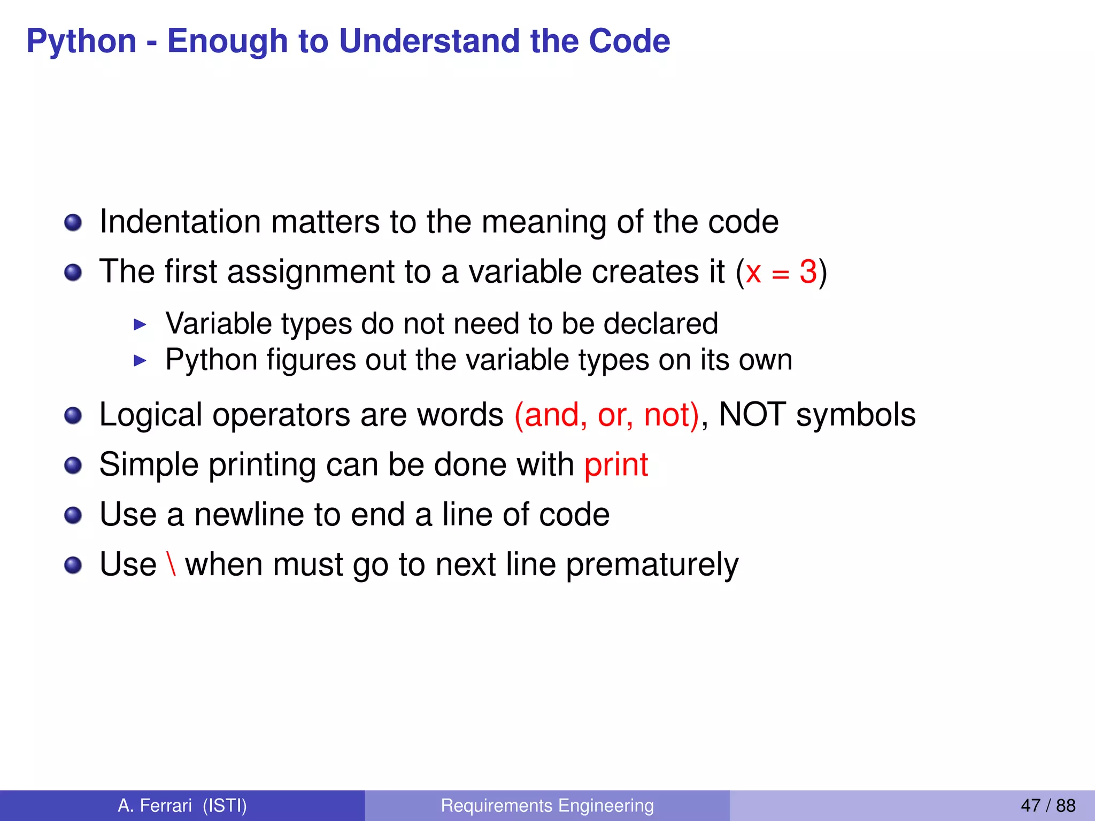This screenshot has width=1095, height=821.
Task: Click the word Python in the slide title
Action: pos(81,42)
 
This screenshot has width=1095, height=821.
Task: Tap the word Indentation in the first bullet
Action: pos(180,222)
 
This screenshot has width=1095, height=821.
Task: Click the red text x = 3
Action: pos(781,272)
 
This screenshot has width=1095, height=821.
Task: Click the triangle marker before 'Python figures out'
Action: pos(140,360)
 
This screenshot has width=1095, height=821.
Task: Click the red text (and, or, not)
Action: pos(606,415)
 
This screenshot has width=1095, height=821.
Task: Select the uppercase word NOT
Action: pos(752,415)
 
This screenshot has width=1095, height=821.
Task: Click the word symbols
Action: pos(855,416)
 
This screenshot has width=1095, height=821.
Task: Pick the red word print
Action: pos(616,465)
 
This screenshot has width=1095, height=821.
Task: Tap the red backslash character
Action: pos(171,564)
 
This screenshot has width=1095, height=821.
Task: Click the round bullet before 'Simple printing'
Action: pos(73,466)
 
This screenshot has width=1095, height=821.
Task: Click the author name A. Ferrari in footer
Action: pos(155,805)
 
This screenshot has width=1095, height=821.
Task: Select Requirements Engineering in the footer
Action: pos(547,805)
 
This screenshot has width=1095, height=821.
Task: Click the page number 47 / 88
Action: pos(1047,805)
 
